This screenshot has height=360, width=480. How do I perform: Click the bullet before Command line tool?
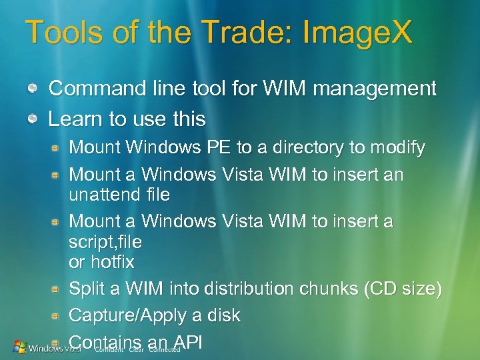32,89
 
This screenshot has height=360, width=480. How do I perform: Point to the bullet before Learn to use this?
32,120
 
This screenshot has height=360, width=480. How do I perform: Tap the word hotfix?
109,262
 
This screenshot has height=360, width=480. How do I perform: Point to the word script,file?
105,241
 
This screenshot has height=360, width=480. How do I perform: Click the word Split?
85,289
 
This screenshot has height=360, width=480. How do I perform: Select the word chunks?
337,289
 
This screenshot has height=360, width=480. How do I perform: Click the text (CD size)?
407,289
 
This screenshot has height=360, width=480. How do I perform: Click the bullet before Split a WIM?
59,290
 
